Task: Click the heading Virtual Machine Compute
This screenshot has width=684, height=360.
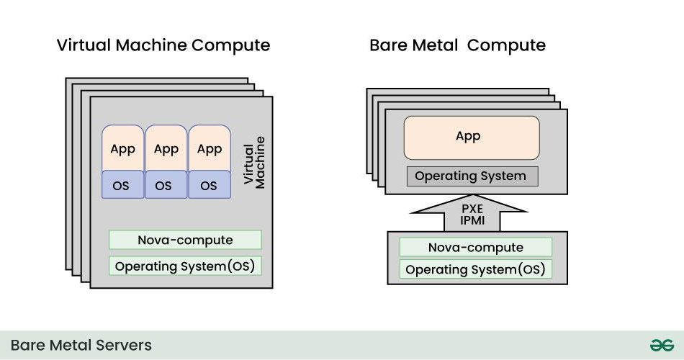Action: pyautogui.click(x=163, y=45)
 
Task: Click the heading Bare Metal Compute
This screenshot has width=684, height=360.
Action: pyautogui.click(x=457, y=45)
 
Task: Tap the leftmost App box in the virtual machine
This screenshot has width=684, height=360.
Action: pyautogui.click(x=122, y=149)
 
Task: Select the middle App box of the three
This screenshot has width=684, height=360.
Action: pyautogui.click(x=166, y=149)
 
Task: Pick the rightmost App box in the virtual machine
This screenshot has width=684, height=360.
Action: pyautogui.click(x=210, y=149)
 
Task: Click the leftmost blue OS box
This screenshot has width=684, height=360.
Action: pyautogui.click(x=122, y=185)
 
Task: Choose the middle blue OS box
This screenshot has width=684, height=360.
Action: pyautogui.click(x=166, y=185)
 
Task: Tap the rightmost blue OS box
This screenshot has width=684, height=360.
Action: pyautogui.click(x=210, y=185)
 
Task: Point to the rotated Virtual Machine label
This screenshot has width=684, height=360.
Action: pyautogui.click(x=254, y=162)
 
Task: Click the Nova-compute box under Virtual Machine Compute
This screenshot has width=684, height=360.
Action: pyautogui.click(x=185, y=240)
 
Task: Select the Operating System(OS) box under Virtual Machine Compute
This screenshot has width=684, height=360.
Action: pyautogui.click(x=185, y=266)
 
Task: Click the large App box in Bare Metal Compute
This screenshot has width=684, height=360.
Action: pyautogui.click(x=471, y=137)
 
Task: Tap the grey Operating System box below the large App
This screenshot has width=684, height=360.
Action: pyautogui.click(x=471, y=176)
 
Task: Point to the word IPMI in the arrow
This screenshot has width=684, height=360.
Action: pyautogui.click(x=471, y=221)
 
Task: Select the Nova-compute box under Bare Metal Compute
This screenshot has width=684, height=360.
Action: pyautogui.click(x=475, y=247)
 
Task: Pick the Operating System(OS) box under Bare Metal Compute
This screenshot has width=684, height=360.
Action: pyautogui.click(x=475, y=270)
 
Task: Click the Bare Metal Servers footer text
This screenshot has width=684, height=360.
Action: pyautogui.click(x=81, y=346)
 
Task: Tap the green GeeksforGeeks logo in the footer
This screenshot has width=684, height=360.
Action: pyautogui.click(x=661, y=346)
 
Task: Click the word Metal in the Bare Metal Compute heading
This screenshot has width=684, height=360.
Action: pyautogui.click(x=434, y=45)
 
